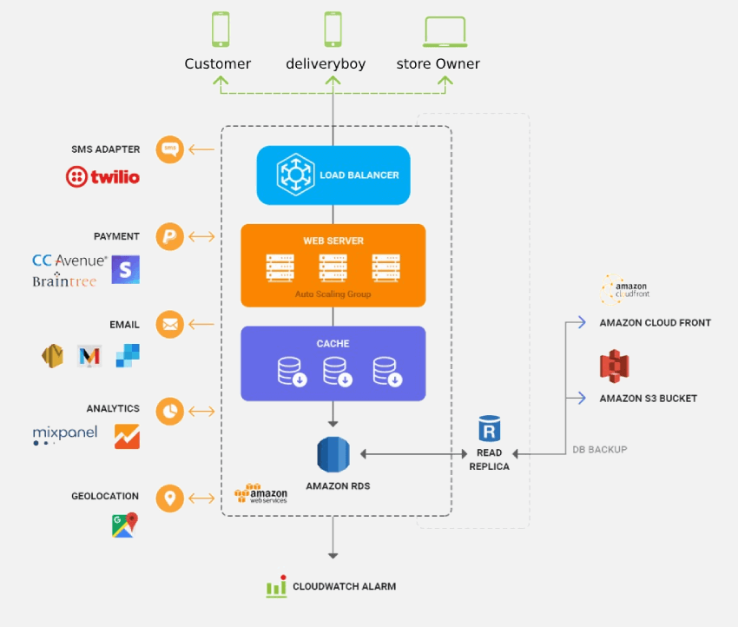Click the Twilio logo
(102, 177)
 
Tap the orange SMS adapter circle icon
(170, 149)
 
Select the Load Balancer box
(333, 175)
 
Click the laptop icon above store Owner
(445, 31)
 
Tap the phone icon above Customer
(221, 30)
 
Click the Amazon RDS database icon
(333, 454)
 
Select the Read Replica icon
(490, 430)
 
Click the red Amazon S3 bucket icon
(614, 366)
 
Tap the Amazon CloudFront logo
(625, 289)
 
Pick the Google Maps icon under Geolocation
(125, 525)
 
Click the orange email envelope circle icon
(170, 325)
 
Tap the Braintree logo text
(64, 281)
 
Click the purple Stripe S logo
(125, 269)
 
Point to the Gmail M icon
(89, 355)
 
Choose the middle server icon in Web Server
(333, 267)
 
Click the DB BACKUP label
(599, 450)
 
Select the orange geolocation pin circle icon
(170, 498)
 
